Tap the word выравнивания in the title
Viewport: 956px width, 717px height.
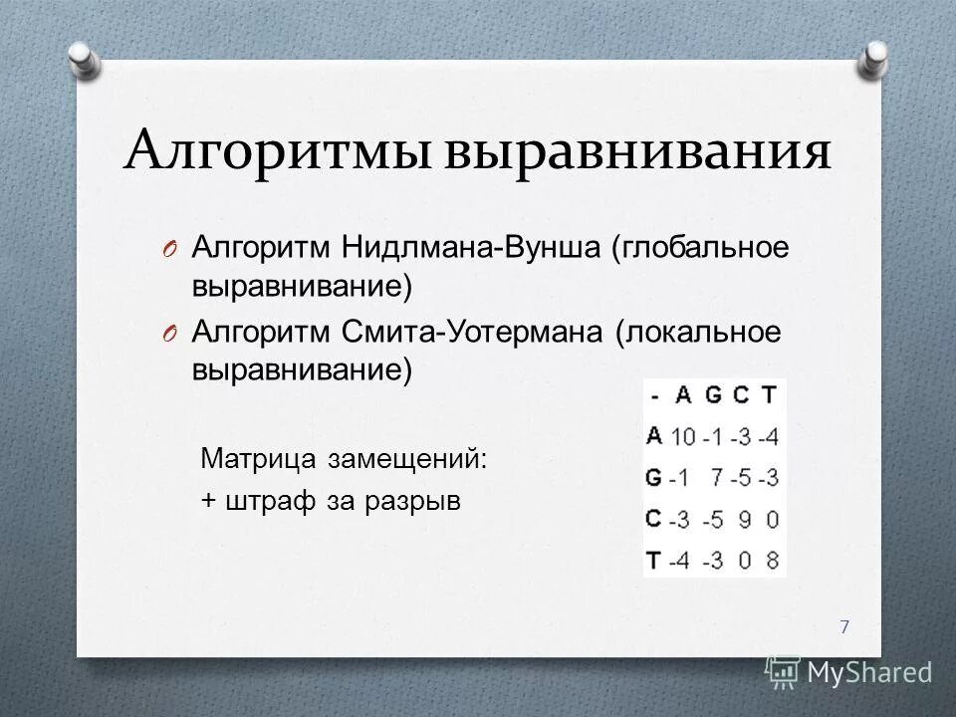click(x=638, y=152)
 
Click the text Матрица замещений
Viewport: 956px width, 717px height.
click(x=345, y=459)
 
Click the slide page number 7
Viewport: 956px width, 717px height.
click(x=844, y=626)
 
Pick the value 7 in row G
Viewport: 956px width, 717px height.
click(x=714, y=478)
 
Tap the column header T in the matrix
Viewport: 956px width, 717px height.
click(x=769, y=395)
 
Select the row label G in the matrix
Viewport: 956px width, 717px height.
click(x=654, y=478)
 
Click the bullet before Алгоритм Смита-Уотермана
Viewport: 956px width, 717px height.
click(x=167, y=332)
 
